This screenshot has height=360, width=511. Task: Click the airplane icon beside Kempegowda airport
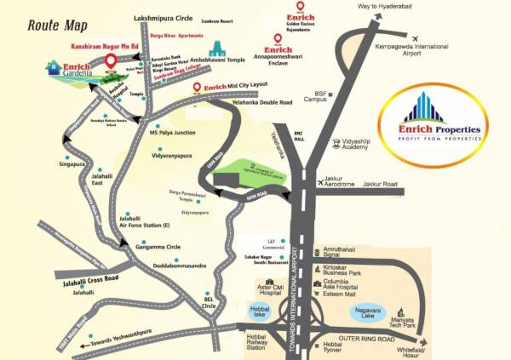pyautogui.click(x=415, y=39)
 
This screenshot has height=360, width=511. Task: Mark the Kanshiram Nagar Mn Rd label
pyautogui.click(x=103, y=43)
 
